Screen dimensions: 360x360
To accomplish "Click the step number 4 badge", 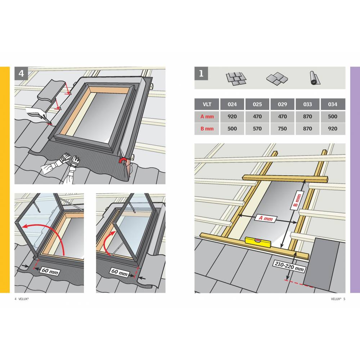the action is coord(21,73).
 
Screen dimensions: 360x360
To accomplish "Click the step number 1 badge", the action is coord(201,73).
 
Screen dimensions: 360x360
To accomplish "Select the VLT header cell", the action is coord(207,104).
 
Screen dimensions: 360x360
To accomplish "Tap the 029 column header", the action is coord(282,104).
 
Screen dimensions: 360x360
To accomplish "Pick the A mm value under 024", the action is coord(232,116).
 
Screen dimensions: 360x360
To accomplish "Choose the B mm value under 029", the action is coord(282,129).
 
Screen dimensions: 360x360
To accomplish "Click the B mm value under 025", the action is coord(257,129).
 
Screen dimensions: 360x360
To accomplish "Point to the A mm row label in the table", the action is coord(207,116).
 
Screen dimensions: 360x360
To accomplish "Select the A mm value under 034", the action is coord(333,116).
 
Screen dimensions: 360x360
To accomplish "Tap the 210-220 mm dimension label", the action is coord(289,266).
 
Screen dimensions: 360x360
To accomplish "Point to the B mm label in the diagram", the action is coord(297,200).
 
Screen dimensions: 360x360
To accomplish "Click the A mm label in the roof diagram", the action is coord(266,218).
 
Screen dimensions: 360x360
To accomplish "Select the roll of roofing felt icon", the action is coord(315,78).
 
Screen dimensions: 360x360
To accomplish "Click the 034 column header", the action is coord(333,104).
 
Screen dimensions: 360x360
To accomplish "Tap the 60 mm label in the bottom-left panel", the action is coord(50,271).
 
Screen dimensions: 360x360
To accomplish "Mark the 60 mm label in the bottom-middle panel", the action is coord(120,272).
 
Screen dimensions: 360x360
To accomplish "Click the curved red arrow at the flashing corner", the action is coord(123,160).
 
